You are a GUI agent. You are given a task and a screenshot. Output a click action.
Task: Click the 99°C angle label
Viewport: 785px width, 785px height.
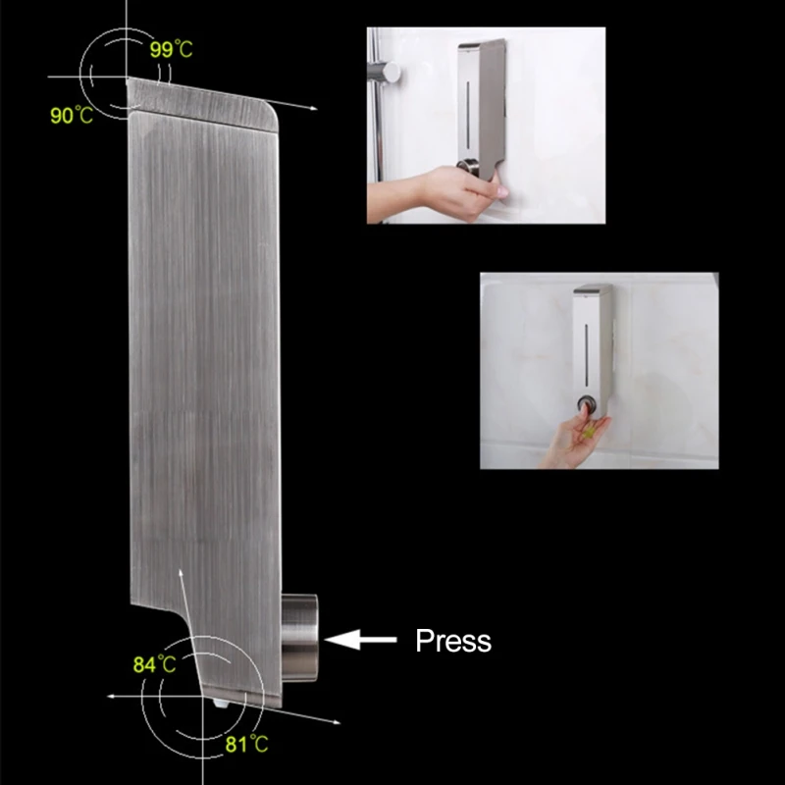pos(171,50)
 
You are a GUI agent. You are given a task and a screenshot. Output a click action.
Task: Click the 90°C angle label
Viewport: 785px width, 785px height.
pos(72,116)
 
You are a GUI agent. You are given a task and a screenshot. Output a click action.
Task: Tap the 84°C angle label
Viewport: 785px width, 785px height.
pos(155,665)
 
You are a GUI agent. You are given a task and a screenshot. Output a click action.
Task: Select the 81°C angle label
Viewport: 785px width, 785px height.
pos(247,745)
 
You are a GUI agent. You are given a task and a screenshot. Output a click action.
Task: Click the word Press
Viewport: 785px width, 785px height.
pos(453,641)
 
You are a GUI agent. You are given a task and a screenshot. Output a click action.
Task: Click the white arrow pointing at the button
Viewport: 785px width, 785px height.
pos(360,640)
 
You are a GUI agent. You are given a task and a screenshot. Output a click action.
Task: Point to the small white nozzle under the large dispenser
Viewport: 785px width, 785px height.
pos(221,704)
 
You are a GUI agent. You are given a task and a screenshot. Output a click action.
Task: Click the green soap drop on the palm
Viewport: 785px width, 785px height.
pos(590,431)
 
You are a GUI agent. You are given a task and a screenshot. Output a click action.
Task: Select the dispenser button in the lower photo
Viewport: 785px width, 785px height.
pos(586,403)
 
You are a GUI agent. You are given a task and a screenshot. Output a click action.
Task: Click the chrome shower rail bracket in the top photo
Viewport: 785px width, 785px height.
pos(385,73)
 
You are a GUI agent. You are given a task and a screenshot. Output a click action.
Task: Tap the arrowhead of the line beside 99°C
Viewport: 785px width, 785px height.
pos(313,108)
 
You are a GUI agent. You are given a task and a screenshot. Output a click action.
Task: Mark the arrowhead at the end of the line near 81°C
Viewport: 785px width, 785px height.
pos(337,722)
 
